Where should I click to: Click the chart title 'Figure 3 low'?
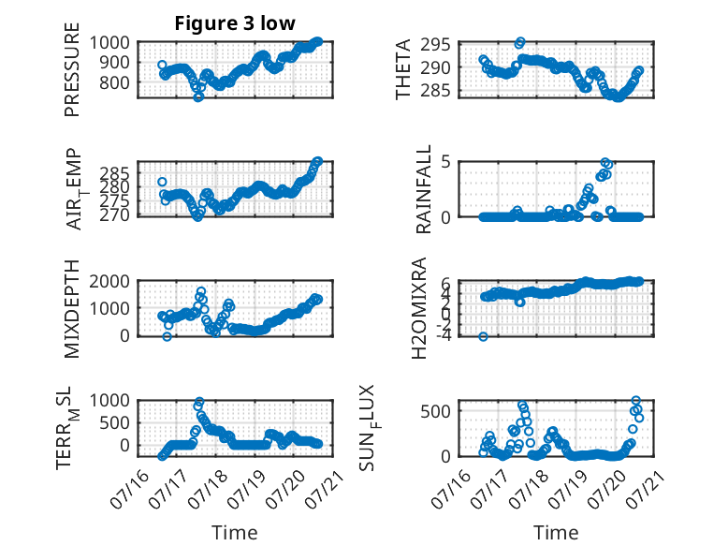[235, 23]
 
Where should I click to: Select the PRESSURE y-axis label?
[72, 69]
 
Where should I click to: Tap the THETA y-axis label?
[403, 69]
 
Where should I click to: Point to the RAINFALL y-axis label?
[424, 189]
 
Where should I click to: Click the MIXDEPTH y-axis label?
[72, 309]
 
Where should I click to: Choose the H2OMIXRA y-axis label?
[419, 308]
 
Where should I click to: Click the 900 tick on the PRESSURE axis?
[109, 62]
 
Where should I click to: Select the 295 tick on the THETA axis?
[435, 45]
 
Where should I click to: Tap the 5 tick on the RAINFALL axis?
[446, 162]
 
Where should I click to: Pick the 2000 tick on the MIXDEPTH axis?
[109, 281]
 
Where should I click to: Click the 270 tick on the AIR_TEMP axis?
[115, 215]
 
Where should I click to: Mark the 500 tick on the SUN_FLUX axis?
[435, 411]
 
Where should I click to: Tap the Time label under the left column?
[235, 532]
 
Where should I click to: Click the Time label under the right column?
[556, 532]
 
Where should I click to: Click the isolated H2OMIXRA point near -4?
[484, 336]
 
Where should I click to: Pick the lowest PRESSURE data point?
[198, 97]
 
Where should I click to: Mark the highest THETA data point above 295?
[520, 42]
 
